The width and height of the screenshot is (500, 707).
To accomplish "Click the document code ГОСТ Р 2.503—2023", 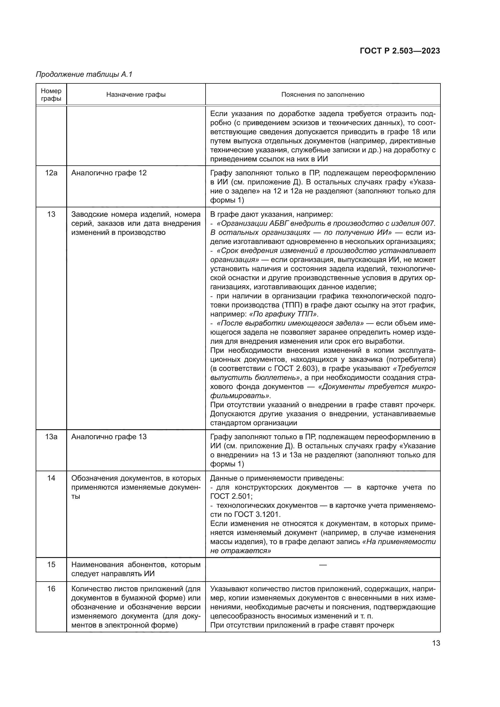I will [400, 51].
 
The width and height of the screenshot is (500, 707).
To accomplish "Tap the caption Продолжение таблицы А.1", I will [84, 74].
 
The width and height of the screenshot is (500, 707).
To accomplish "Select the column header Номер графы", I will [51, 95].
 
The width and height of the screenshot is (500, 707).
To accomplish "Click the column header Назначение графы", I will [136, 95].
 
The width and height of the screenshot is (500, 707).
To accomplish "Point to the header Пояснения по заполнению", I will [323, 95].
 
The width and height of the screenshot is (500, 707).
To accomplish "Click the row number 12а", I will [51, 173].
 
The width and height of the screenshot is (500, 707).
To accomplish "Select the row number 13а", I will [51, 437].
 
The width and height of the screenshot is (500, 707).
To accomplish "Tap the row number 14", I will [51, 478].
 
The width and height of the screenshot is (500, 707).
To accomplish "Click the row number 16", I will [51, 589].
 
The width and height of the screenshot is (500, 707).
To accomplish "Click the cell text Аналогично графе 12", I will [109, 173].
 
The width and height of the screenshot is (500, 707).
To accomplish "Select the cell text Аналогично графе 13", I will [109, 437].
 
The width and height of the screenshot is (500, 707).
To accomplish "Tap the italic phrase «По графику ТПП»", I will [283, 314].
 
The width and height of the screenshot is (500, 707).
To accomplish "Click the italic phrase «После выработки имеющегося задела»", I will [290, 323].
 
